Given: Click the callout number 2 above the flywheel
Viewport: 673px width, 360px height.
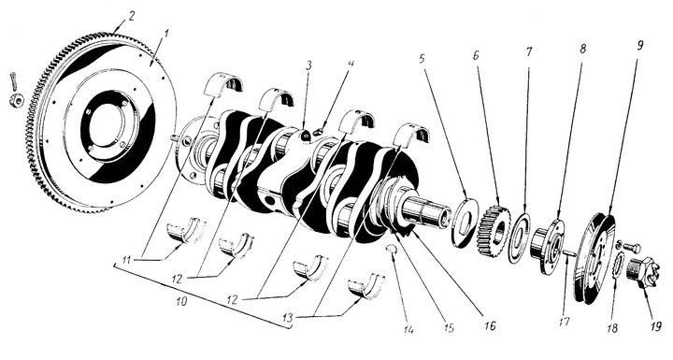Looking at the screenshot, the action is pos(131,16).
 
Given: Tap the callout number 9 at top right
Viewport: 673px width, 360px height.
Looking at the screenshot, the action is pos(640,45).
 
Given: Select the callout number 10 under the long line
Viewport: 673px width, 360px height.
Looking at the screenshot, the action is pos(181,301).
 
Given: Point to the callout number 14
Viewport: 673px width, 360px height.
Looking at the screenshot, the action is pos(408,329).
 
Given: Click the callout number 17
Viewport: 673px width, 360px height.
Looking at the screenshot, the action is pos(565,322).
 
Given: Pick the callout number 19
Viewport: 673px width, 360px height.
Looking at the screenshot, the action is pos(655,326).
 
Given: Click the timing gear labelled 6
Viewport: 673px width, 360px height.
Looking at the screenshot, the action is pos(494,231).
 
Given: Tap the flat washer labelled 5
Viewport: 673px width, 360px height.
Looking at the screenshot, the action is pos(465,223).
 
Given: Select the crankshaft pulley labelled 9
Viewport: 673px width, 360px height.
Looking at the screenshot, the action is pos(594,258).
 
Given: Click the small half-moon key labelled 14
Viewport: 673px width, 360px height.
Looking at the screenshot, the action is pos(392,249).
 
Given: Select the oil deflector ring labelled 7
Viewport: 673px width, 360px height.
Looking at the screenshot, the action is pos(519,238).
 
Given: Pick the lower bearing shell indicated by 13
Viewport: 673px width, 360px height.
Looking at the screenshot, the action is pos(366,284).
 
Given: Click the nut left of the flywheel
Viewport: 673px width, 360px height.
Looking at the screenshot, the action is pos(16,101).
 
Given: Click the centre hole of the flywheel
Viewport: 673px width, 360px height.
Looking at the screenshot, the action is pos(105,122).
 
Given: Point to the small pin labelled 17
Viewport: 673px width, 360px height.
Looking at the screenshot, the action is pos(568,253).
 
